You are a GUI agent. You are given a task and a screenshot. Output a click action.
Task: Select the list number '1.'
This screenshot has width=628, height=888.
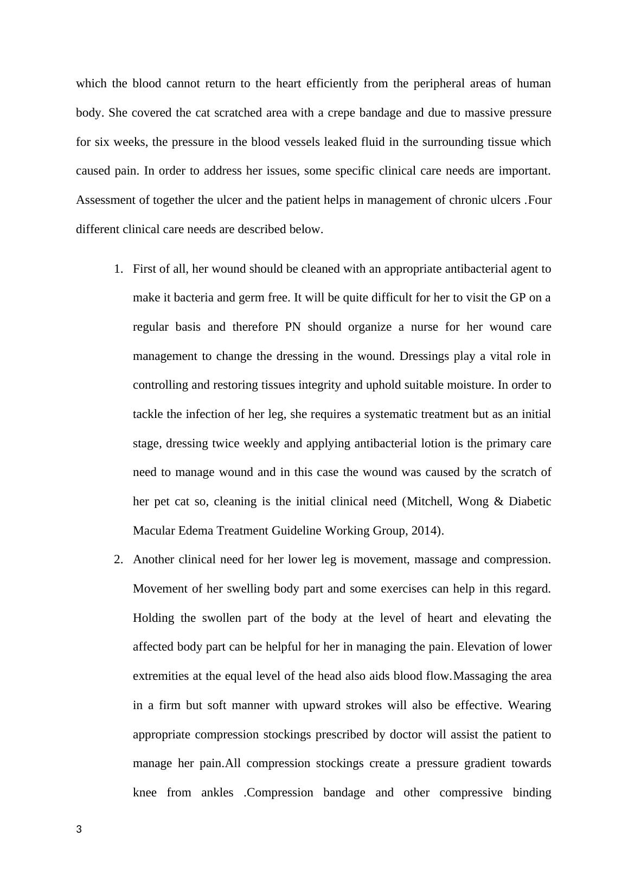point(118,269)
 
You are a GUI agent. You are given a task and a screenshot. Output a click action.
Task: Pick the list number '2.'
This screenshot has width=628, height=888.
point(118,559)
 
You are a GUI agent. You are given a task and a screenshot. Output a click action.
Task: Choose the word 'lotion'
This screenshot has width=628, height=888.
point(435,443)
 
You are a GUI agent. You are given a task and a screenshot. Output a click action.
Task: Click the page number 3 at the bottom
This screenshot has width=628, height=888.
point(79,829)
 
